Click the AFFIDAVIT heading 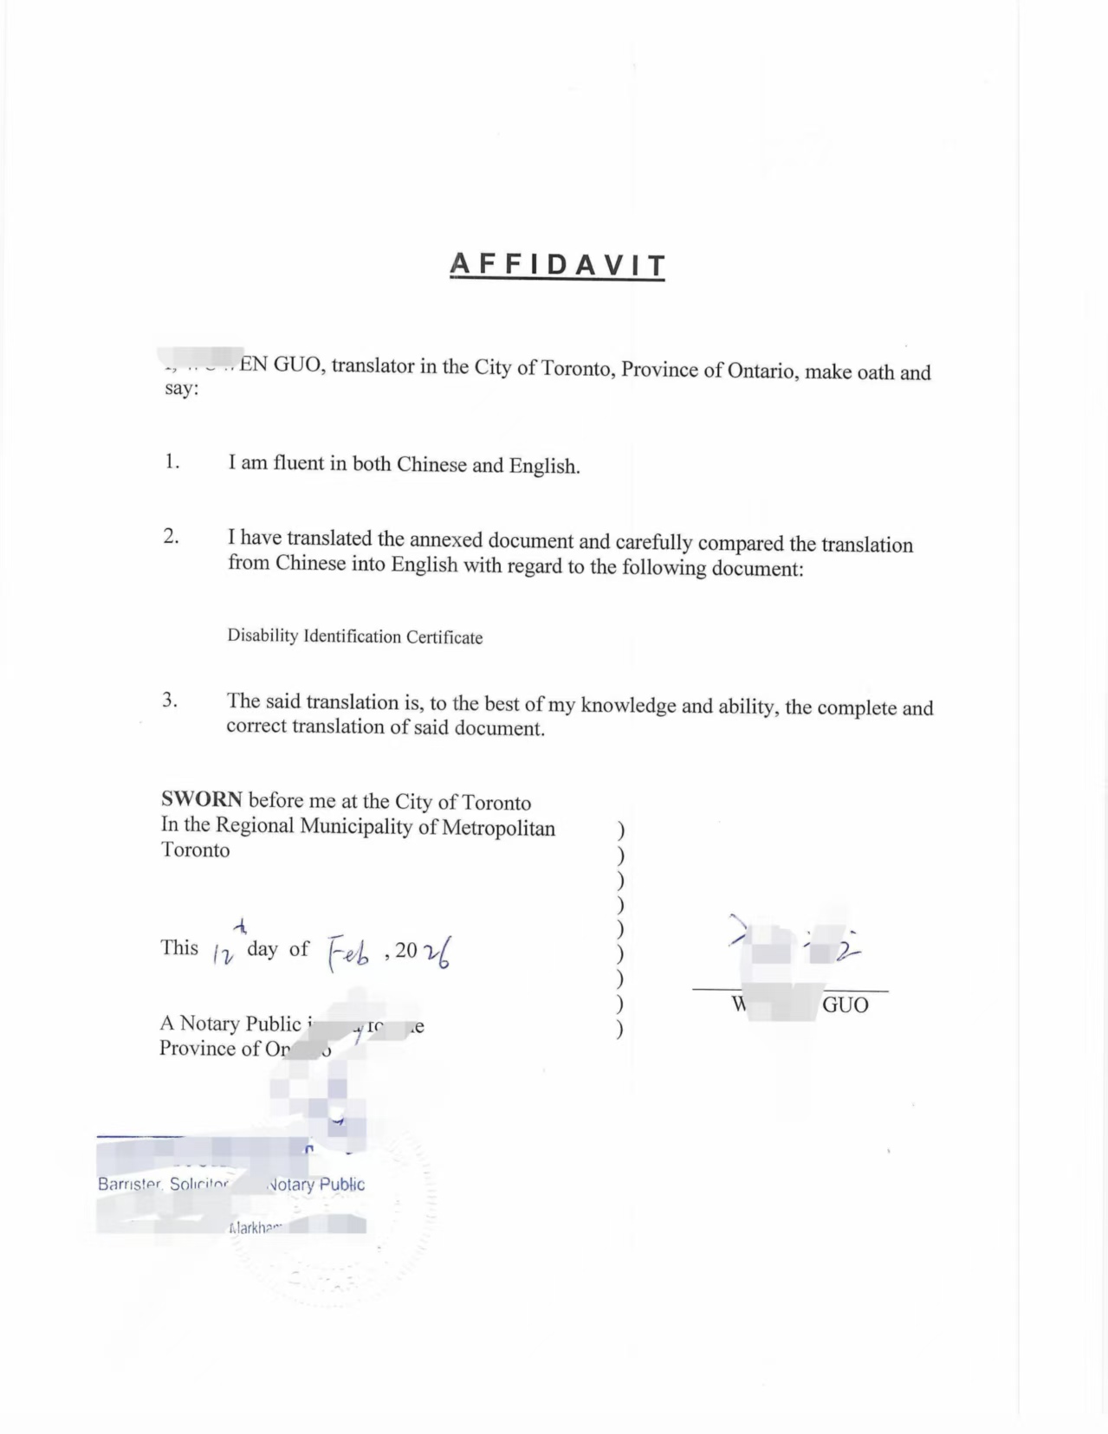coord(557,265)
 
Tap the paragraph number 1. coord(172,462)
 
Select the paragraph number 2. coord(172,537)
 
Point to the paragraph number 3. coord(170,701)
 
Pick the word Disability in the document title coord(262,636)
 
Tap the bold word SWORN coord(201,799)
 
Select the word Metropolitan coord(498,828)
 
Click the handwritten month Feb coord(349,953)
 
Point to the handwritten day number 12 coord(223,953)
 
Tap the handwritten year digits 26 coord(436,953)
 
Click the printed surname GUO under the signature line coord(845,1004)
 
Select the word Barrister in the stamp coord(130,1184)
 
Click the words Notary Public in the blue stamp coord(318,1185)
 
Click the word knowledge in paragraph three coord(628,705)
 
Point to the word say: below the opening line coord(182,388)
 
